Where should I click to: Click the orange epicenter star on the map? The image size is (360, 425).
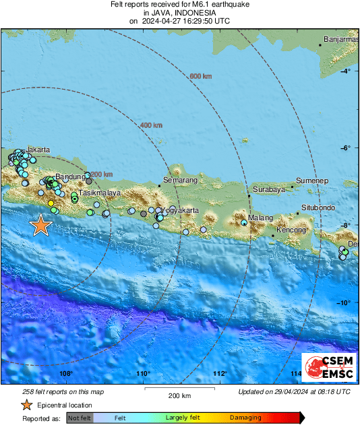click(41, 225)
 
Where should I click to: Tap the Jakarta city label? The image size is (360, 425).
click(38, 150)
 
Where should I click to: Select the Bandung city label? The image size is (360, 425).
click(69, 176)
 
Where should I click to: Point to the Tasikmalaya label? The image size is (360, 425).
click(100, 193)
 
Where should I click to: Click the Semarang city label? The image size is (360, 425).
click(181, 181)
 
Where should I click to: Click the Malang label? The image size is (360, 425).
click(261, 218)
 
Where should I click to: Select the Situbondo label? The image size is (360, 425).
click(318, 207)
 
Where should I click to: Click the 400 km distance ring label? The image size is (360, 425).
click(151, 125)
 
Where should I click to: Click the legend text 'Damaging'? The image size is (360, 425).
click(245, 418)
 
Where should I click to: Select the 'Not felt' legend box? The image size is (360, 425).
click(80, 418)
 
